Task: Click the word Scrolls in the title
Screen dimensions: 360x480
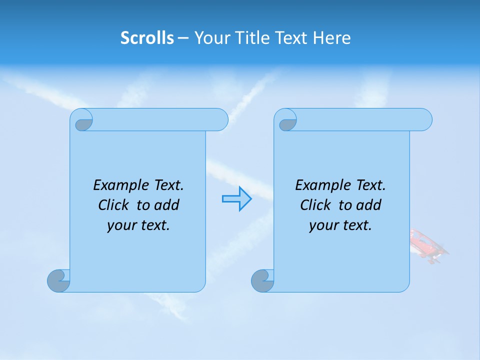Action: pyautogui.click(x=147, y=38)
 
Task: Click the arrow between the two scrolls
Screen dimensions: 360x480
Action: pyautogui.click(x=236, y=199)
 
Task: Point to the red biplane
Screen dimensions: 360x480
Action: pyautogui.click(x=428, y=245)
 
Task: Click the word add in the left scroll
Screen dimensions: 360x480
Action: pyautogui.click(x=167, y=205)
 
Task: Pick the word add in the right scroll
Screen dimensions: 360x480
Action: pyautogui.click(x=369, y=205)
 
